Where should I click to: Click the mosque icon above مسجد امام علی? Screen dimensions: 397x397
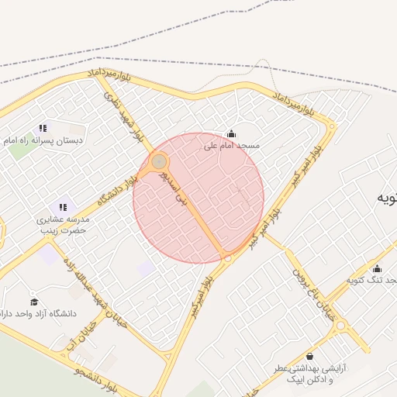tap(230, 133)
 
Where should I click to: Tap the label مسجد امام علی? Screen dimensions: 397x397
tap(232, 145)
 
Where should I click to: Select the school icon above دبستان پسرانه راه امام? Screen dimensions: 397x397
tap(43, 128)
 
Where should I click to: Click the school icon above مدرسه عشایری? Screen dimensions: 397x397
tap(63, 207)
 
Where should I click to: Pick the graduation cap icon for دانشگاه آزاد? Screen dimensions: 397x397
tap(33, 302)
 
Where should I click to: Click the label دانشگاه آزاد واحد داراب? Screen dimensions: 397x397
tap(42, 314)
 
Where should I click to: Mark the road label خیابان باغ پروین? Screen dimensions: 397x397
tap(310, 287)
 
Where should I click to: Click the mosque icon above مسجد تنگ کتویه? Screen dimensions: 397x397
tap(377, 269)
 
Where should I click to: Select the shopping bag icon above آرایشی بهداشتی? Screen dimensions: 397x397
tap(310, 357)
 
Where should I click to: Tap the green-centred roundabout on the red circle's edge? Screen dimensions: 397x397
tap(159, 161)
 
